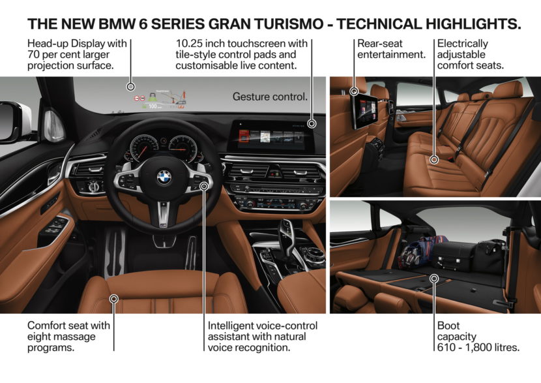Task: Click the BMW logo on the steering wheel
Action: (164, 176)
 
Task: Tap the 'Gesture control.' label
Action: (269, 97)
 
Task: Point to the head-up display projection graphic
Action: (160, 99)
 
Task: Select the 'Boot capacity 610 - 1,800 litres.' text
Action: (478, 336)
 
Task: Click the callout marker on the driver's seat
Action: (114, 299)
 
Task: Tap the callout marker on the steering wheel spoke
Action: (204, 186)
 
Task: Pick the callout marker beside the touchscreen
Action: (312, 123)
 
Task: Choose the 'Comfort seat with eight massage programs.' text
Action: (69, 336)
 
